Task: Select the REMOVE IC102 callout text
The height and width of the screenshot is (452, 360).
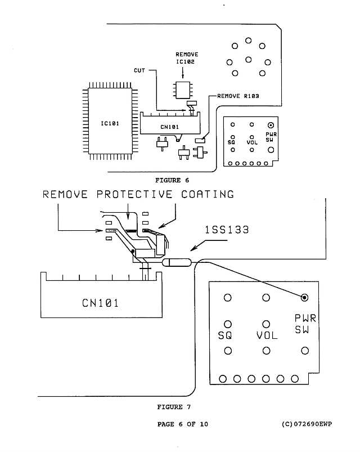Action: (x=186, y=58)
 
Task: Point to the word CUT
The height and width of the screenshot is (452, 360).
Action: (x=140, y=70)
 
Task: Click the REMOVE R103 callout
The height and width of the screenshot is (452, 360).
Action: (x=238, y=96)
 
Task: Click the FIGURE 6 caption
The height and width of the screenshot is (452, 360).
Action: (x=171, y=180)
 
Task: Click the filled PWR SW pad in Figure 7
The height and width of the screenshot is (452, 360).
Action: (x=304, y=297)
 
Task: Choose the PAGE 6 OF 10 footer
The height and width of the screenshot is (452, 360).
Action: (x=183, y=424)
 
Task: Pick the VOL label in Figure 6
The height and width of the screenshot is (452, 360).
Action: (x=251, y=143)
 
